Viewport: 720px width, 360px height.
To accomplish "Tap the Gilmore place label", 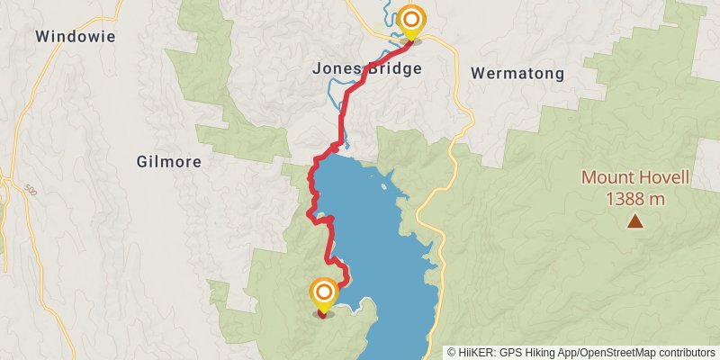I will (x=168, y=162).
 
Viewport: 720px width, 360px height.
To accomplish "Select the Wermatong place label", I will (x=517, y=72).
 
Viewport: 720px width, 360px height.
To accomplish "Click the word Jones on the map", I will (x=333, y=67).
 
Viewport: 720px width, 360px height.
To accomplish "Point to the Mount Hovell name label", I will (x=634, y=178).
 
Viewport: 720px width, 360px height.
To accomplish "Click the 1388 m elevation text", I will (x=634, y=199).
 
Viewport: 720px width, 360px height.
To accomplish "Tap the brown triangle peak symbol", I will (x=635, y=220).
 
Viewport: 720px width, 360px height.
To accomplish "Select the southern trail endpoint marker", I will (x=324, y=294).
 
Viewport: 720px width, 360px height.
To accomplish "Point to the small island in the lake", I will (x=386, y=188).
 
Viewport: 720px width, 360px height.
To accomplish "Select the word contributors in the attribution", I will (x=686, y=353).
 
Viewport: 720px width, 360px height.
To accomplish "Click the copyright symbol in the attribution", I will (x=452, y=353).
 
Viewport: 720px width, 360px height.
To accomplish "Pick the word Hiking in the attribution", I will (x=536, y=353).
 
